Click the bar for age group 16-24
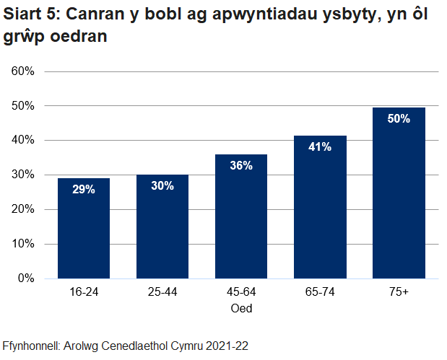click(x=84, y=228)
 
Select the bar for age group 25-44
click(x=162, y=227)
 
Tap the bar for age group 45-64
click(x=241, y=216)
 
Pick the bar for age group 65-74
click(x=320, y=207)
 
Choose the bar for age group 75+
click(x=399, y=193)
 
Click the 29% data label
click(x=84, y=190)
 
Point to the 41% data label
click(x=320, y=147)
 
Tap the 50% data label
click(x=399, y=119)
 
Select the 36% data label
click(x=241, y=166)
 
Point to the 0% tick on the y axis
click(x=26, y=278)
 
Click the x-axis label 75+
click(x=399, y=293)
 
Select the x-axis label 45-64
click(x=241, y=293)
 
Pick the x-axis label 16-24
click(x=84, y=293)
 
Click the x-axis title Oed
click(x=241, y=308)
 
